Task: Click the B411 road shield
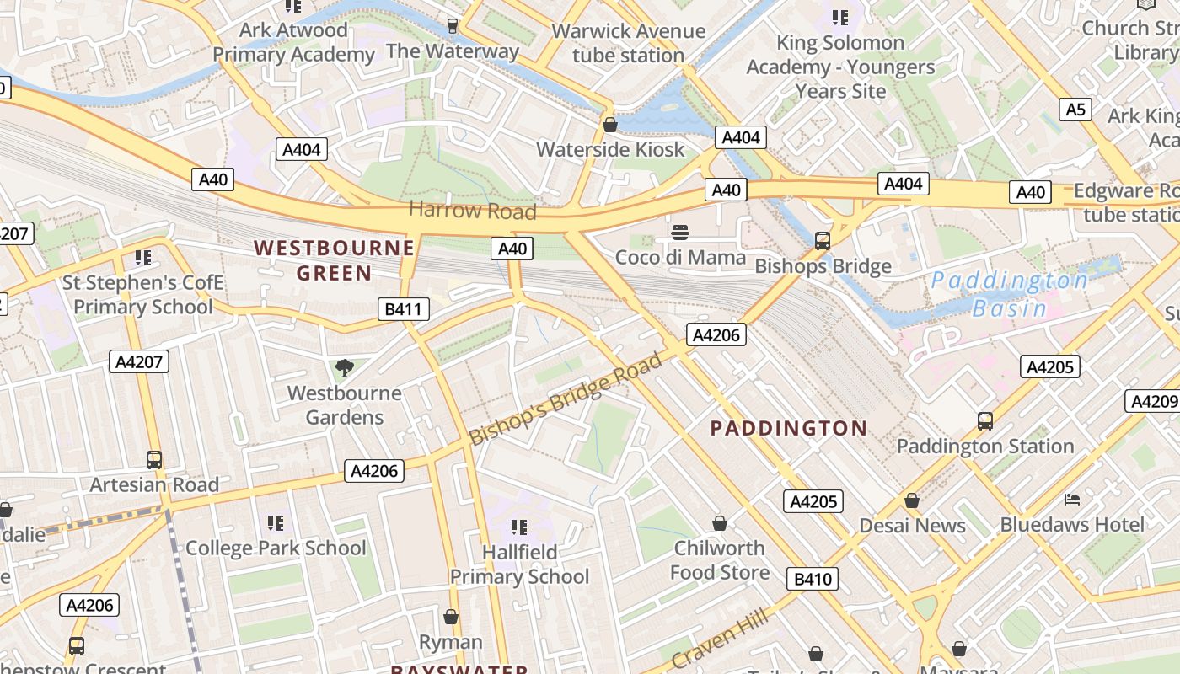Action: (403, 309)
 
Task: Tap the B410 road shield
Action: (813, 579)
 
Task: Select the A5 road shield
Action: (1075, 110)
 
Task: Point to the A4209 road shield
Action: (1152, 401)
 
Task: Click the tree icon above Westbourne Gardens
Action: (344, 367)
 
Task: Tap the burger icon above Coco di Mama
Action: (680, 233)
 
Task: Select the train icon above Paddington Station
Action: (984, 421)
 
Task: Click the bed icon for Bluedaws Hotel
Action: (1072, 500)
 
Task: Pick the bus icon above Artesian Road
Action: (154, 460)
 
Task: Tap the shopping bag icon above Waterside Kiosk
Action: (610, 126)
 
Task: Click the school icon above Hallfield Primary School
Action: (519, 527)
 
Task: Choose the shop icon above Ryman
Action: (451, 618)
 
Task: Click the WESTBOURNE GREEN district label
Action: (335, 260)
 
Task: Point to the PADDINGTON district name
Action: (789, 428)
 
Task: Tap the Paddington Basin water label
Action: (1010, 294)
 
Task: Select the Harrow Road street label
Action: (473, 211)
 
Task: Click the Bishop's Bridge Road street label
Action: (566, 399)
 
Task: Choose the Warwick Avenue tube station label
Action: (628, 43)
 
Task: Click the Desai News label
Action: (912, 526)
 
